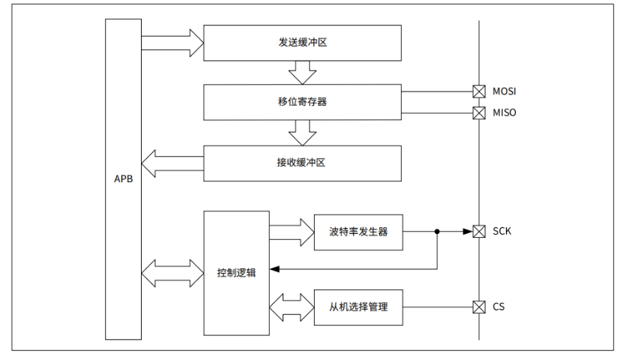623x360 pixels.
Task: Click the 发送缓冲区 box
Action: click(x=302, y=43)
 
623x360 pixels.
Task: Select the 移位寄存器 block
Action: click(x=302, y=102)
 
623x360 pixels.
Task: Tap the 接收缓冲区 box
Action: click(x=302, y=163)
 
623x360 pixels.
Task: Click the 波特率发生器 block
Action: click(x=358, y=232)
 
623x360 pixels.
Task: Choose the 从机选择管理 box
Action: click(x=358, y=307)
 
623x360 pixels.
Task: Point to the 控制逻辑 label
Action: click(x=237, y=273)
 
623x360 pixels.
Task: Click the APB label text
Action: click(x=123, y=179)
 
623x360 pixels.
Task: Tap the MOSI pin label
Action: click(x=504, y=91)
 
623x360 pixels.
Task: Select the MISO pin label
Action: click(x=504, y=113)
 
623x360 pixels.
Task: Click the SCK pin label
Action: click(x=502, y=231)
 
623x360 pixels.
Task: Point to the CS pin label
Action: click(x=499, y=307)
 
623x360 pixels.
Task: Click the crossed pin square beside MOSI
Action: click(x=478, y=91)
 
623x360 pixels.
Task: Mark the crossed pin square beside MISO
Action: click(x=478, y=113)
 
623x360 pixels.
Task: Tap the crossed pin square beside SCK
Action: click(x=478, y=231)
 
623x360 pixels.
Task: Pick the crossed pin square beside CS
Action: click(x=478, y=307)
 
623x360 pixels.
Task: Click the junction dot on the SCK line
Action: click(x=437, y=232)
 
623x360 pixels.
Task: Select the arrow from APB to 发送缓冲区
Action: click(x=172, y=43)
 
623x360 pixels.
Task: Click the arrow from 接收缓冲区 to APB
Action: click(x=172, y=163)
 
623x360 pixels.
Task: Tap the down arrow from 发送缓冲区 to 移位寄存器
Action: click(x=302, y=72)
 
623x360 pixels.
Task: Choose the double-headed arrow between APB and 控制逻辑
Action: click(x=172, y=273)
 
